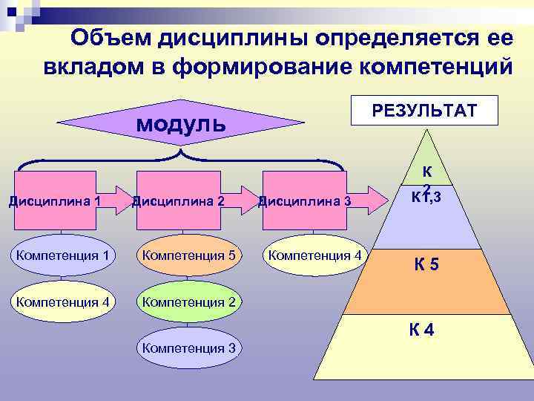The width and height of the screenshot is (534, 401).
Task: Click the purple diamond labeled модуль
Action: click(x=181, y=122)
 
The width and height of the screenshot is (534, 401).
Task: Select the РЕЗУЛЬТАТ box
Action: click(x=425, y=111)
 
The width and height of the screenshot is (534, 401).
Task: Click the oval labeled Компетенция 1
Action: click(x=62, y=256)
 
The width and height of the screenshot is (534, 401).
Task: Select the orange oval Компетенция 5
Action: click(x=188, y=256)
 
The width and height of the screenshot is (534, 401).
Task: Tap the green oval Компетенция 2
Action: click(x=188, y=301)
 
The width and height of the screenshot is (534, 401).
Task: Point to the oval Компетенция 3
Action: click(x=188, y=347)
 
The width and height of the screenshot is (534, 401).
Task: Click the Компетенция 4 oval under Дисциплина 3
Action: click(x=314, y=256)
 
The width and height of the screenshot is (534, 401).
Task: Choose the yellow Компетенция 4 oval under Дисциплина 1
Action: click(x=62, y=301)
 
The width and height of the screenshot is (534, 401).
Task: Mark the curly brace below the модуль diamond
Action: click(x=181, y=158)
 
